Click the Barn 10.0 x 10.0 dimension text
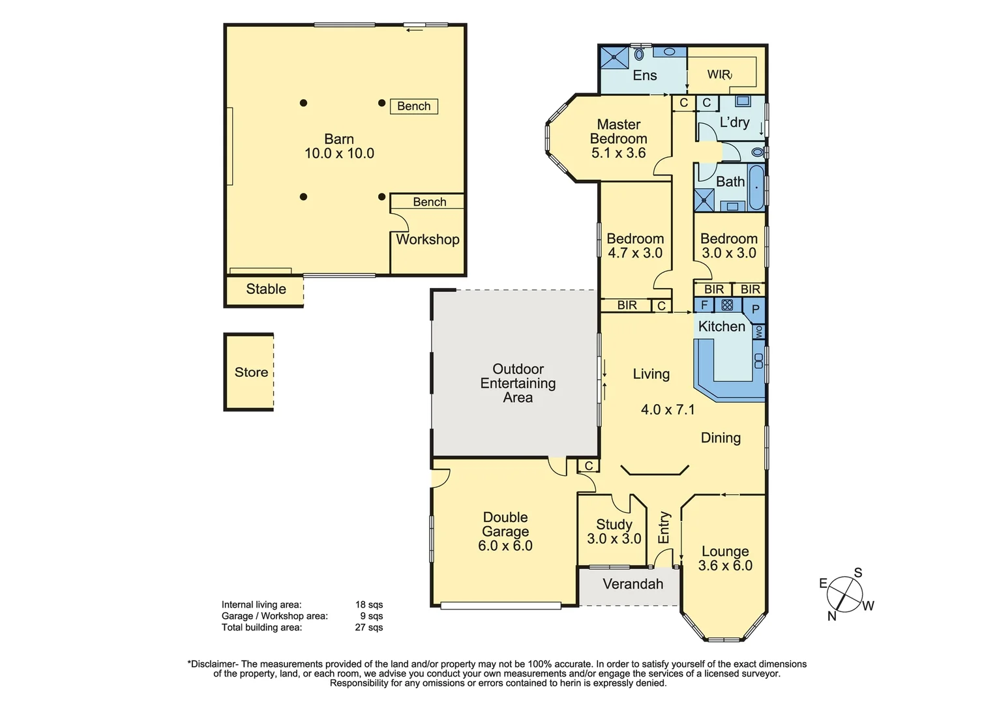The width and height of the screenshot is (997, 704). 339,154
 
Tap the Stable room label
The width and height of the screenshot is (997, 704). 266,289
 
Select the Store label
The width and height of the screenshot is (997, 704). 251,372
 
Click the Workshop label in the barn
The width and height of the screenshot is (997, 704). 428,239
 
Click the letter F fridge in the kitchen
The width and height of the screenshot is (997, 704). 704,304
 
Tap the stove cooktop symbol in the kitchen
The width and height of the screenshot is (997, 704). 727,304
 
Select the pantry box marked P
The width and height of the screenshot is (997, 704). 755,309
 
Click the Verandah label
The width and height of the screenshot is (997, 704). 632,584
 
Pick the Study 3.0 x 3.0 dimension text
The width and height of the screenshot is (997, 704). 614,539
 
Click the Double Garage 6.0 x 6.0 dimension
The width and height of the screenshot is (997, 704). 505,546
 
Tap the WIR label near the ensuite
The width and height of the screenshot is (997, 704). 719,74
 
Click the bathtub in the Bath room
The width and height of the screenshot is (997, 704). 756,188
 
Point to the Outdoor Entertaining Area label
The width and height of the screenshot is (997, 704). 518,383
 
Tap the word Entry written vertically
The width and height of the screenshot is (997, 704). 664,527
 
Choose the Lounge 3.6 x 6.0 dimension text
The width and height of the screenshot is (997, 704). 725,566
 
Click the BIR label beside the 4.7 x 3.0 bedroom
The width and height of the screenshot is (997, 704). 627,305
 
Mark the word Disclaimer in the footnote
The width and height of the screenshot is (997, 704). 213,664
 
